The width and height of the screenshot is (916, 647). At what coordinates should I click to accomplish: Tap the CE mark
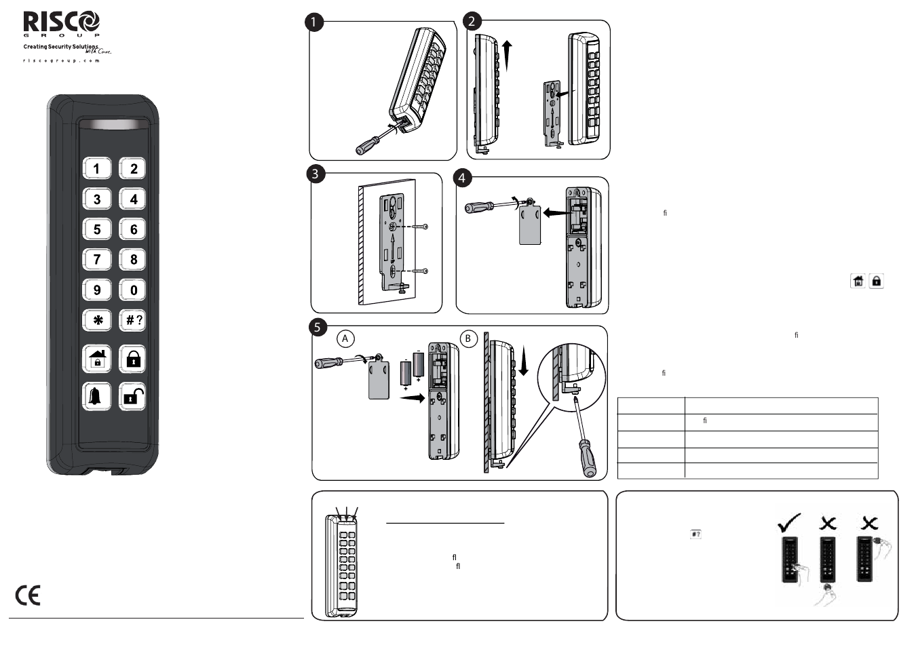point(28,595)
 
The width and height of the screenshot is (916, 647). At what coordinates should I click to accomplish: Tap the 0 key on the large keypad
point(133,290)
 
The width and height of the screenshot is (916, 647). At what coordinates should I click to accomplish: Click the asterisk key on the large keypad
point(97,320)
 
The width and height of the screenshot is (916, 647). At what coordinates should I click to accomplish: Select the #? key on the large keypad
point(133,320)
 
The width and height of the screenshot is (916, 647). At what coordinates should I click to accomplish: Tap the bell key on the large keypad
point(96,396)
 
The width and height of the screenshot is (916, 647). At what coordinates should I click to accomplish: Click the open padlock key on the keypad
point(133,396)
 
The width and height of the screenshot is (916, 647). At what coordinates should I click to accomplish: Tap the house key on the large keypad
point(97,359)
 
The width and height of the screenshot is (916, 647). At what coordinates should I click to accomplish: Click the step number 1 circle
point(313,22)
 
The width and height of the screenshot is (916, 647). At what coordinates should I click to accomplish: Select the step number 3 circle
point(315,174)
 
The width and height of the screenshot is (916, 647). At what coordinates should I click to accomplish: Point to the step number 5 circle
point(318,328)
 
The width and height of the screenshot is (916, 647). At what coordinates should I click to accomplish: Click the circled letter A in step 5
point(345,338)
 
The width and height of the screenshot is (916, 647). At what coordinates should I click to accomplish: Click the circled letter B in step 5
point(467,338)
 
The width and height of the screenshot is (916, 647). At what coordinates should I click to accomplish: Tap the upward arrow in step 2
point(507,54)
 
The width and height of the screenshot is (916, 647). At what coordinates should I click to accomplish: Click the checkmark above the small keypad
point(789,522)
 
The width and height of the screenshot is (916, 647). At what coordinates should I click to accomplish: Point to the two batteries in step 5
point(412,372)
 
